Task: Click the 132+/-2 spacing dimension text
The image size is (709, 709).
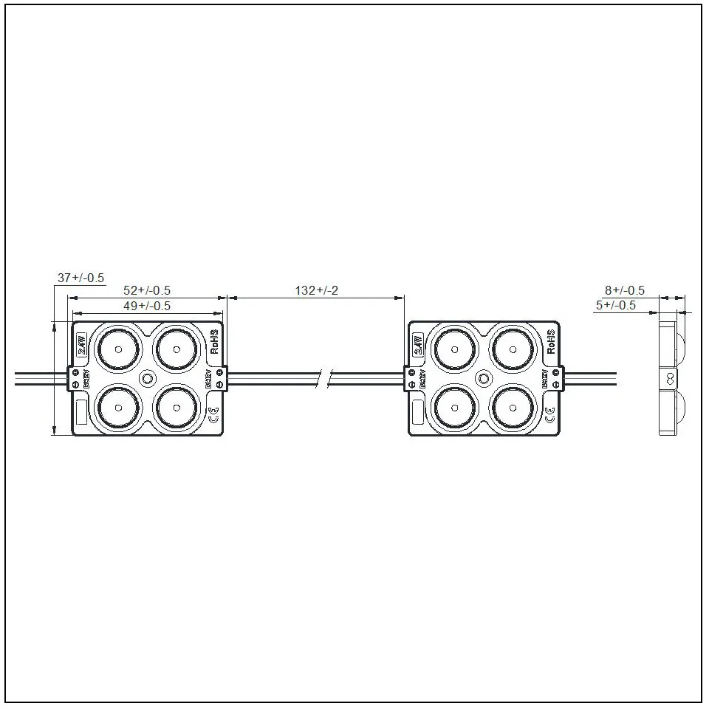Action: [x=317, y=290]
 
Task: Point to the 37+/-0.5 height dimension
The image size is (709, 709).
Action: [x=81, y=278]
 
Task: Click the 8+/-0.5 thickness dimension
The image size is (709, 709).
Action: [x=625, y=290]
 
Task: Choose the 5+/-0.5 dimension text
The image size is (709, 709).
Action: [x=616, y=305]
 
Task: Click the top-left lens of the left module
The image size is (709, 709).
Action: [x=117, y=347]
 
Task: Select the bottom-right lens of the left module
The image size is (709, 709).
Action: [x=177, y=408]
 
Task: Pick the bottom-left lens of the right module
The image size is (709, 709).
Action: [x=453, y=408]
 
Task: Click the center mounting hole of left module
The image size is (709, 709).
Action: [x=147, y=377]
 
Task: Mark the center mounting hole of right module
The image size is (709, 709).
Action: [x=484, y=377]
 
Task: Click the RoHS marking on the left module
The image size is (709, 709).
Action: [x=215, y=342]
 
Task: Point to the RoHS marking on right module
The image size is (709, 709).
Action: [x=552, y=342]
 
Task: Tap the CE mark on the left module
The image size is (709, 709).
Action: [x=213, y=415]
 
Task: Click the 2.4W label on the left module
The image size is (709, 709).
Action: [x=81, y=344]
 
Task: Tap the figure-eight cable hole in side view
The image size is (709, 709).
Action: [x=670, y=378]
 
